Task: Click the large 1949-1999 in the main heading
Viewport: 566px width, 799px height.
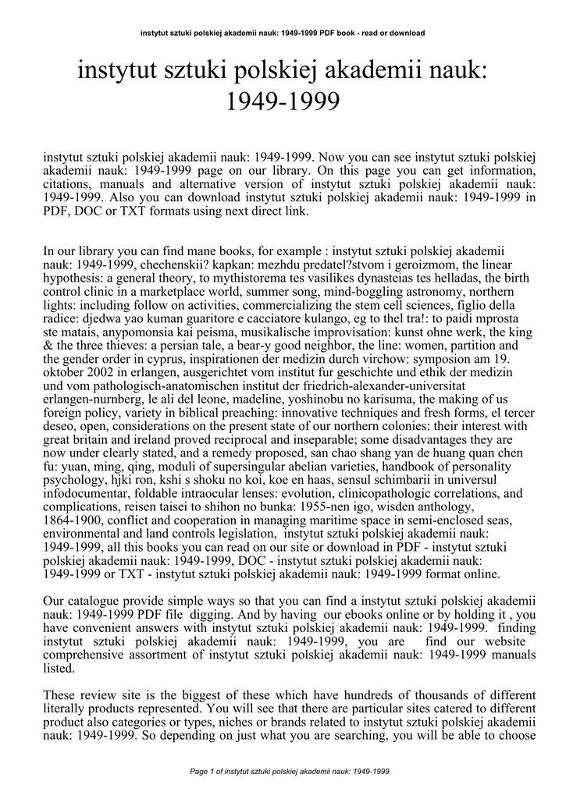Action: [x=283, y=101]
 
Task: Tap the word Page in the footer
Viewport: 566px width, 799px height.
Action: [x=200, y=771]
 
